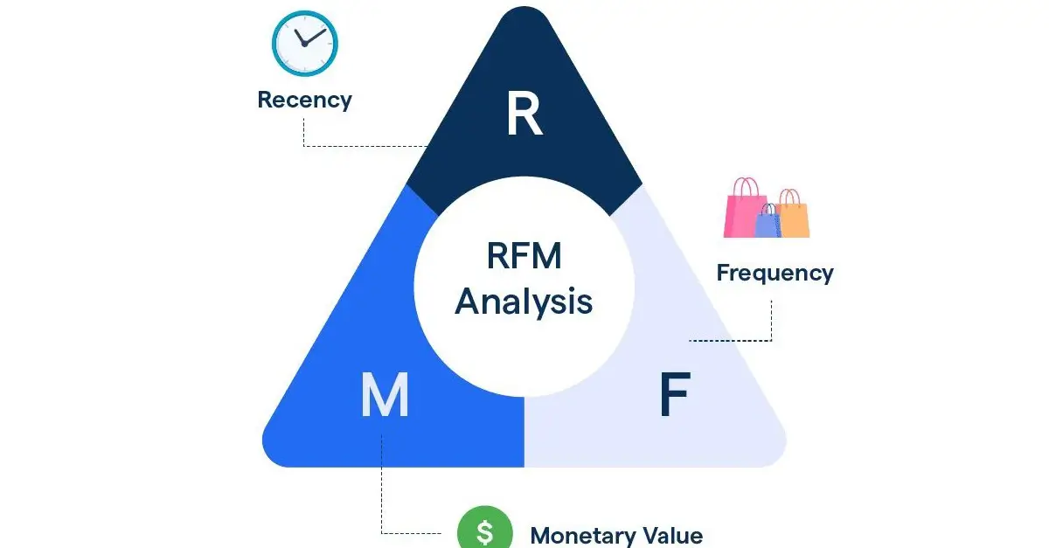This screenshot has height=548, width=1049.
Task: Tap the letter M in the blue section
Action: [385, 395]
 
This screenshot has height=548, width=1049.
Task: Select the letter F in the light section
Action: [673, 395]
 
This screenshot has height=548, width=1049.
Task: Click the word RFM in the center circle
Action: [524, 258]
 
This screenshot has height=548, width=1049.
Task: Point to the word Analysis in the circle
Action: [524, 302]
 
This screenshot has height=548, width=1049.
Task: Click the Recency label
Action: [304, 100]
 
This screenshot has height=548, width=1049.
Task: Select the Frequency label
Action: [775, 273]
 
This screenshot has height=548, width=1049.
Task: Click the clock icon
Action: [304, 43]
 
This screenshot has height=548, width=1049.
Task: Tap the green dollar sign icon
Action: [484, 531]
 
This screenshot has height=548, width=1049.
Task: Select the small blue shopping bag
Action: [767, 223]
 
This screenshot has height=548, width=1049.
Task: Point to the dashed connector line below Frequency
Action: [772, 323]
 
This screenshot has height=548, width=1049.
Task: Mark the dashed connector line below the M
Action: [382, 489]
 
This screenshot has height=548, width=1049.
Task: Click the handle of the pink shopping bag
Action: [746, 185]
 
